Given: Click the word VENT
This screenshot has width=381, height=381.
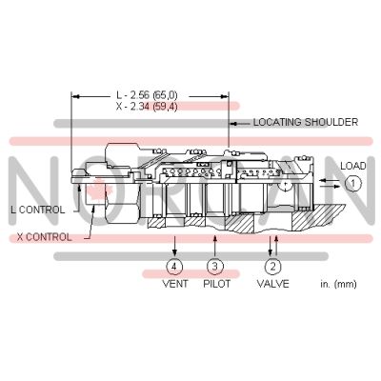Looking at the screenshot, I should coord(173,284).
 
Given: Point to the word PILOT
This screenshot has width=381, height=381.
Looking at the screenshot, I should coord(215,284).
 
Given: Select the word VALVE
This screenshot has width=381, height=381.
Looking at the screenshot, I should coord(273,284).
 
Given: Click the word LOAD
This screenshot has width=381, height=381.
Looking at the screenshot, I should coord(353,164).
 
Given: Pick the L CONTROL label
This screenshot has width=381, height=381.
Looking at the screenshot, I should coord(38,209).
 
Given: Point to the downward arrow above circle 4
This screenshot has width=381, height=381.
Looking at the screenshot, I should coord(173,245).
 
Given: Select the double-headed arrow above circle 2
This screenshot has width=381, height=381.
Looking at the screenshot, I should coord(272,244).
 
